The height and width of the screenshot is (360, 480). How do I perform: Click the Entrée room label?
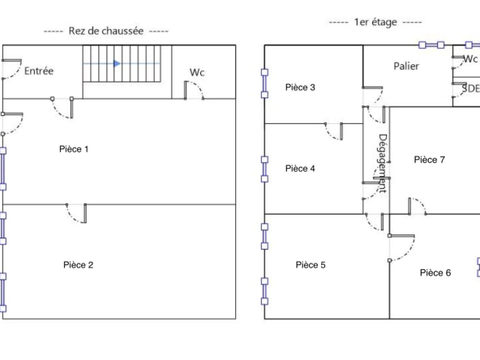tap(39, 71)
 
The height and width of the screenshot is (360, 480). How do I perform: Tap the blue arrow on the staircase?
tap(117, 64)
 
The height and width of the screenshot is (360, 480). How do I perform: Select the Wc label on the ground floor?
tap(197, 72)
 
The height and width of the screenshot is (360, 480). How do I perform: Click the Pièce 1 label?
tap(74, 149)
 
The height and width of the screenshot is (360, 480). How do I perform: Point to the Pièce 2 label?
tap(78, 265)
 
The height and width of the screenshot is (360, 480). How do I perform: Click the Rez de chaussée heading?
tap(106, 31)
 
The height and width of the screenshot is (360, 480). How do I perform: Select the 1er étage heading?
tap(375, 22)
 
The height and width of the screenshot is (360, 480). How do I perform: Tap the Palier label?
tap(406, 66)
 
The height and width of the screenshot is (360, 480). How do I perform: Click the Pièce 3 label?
tap(300, 88)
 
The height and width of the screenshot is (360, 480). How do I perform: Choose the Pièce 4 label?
tap(300, 169)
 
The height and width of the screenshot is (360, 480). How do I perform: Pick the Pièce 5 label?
tap(311, 265)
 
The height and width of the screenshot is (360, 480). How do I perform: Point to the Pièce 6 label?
tap(435, 272)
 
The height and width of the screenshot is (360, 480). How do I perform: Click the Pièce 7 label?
tap(429, 160)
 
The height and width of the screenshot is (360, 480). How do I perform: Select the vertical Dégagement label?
tap(383, 163)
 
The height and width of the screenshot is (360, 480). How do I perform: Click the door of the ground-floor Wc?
tap(194, 90)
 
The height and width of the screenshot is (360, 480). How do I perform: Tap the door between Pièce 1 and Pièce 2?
tap(76, 212)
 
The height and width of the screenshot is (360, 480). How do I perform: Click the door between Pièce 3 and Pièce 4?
tap(333, 131)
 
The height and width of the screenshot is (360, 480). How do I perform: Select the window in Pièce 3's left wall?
tap(264, 84)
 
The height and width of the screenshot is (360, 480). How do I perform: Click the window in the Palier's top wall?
tap(431, 45)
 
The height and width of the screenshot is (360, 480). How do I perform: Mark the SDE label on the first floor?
tap(470, 88)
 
